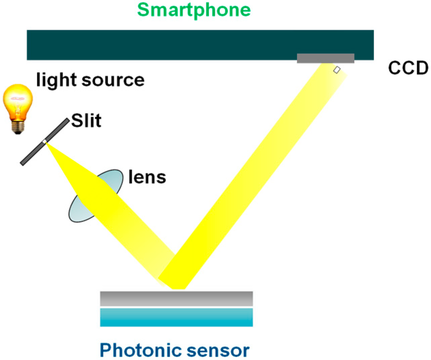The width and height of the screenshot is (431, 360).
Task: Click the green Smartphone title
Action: pos(194,10)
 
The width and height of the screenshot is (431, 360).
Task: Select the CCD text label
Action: pos(408,68)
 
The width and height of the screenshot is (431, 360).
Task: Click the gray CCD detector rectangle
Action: pos(325,58)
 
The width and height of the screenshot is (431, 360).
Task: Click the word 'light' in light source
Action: pos(54,79)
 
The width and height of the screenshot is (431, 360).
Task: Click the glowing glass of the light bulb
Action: pos(18,101)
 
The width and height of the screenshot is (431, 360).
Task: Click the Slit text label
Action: pos(86,121)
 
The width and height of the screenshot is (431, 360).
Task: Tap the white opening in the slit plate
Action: pos(44,142)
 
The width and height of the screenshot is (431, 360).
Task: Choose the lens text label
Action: pos(147,177)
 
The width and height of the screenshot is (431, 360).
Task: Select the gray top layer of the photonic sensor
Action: pos(176,298)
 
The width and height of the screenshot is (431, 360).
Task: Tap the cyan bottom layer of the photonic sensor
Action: pos(176,317)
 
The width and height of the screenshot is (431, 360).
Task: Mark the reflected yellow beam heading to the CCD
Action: pos(261,168)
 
